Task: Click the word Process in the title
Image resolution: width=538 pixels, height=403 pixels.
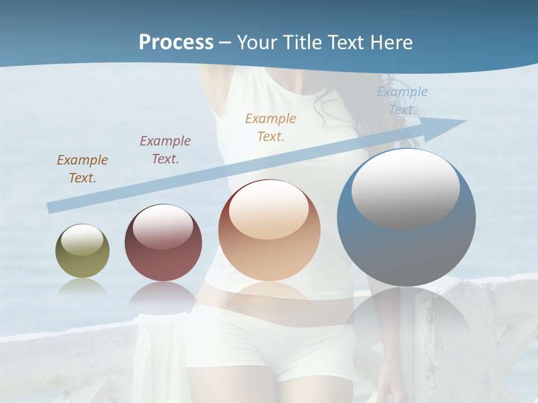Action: [176, 43]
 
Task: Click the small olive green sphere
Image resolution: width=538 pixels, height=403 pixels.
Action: [82, 251]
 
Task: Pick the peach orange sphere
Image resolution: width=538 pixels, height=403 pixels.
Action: [269, 231]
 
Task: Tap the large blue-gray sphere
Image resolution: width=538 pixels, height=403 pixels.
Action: [406, 218]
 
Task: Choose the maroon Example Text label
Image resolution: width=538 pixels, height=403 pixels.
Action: [165, 150]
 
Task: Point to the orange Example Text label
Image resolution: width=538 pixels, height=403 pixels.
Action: [271, 127]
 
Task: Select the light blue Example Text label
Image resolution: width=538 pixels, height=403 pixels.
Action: [402, 101]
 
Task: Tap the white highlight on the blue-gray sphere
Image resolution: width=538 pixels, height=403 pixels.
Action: [405, 189]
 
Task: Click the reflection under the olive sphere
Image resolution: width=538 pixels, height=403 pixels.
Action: [82, 286]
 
